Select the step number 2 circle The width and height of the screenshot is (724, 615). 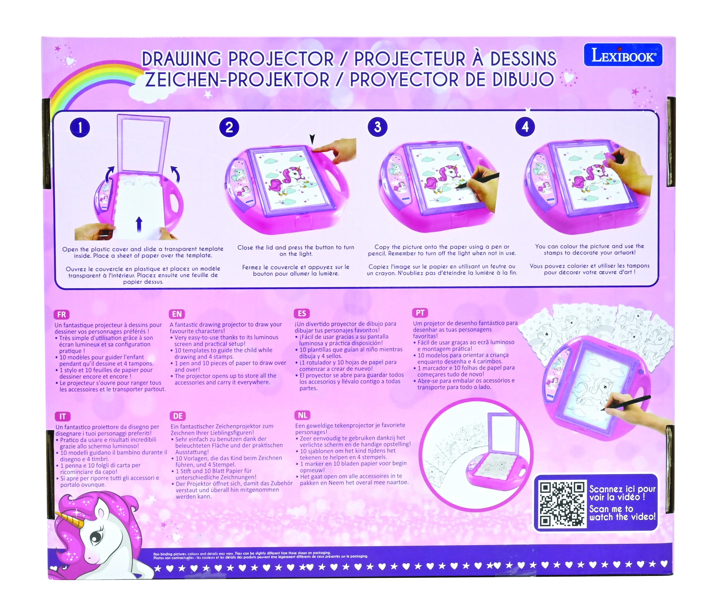[229, 127]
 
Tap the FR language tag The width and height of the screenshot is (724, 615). [62, 314]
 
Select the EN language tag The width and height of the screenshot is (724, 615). [177, 314]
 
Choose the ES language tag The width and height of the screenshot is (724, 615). [302, 313]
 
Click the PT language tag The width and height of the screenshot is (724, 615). [420, 313]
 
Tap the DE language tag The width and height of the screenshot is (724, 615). [178, 416]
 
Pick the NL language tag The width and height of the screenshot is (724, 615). [302, 415]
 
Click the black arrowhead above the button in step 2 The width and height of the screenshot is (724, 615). [312, 140]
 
